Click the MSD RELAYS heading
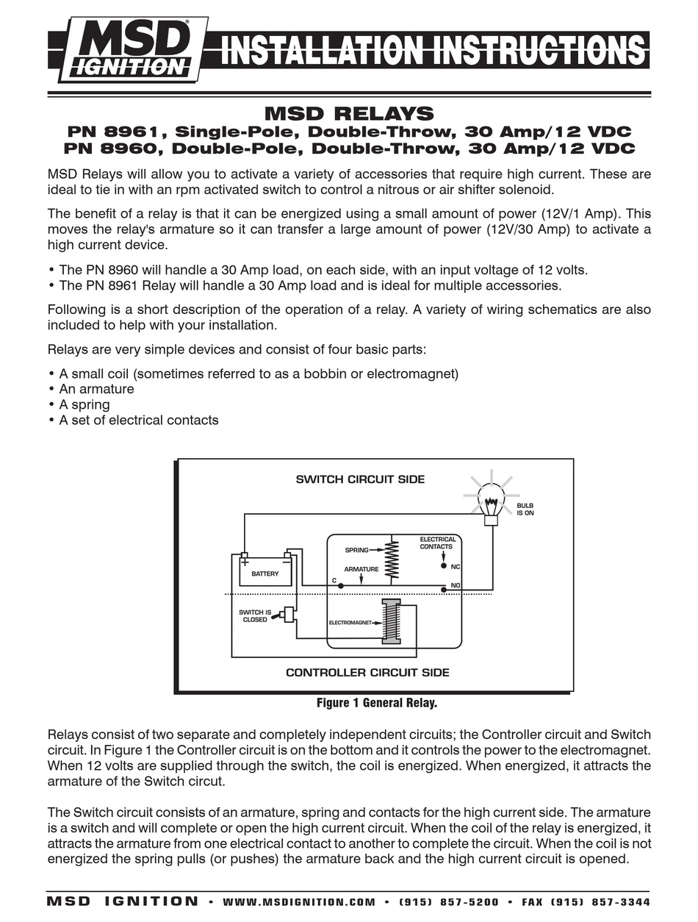click(x=348, y=113)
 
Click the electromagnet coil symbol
click(x=391, y=621)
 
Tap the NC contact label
click(x=456, y=567)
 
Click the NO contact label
click(x=456, y=585)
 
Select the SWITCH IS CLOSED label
click(x=255, y=615)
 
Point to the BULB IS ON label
click(x=525, y=509)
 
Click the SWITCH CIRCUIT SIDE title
click(x=360, y=479)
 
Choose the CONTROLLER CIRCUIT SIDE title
click(x=367, y=672)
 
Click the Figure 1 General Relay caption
click(x=377, y=703)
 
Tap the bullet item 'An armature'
click(x=96, y=389)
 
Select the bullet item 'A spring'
click(x=84, y=404)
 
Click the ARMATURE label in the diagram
click(x=361, y=569)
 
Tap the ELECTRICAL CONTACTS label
click(x=438, y=543)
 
